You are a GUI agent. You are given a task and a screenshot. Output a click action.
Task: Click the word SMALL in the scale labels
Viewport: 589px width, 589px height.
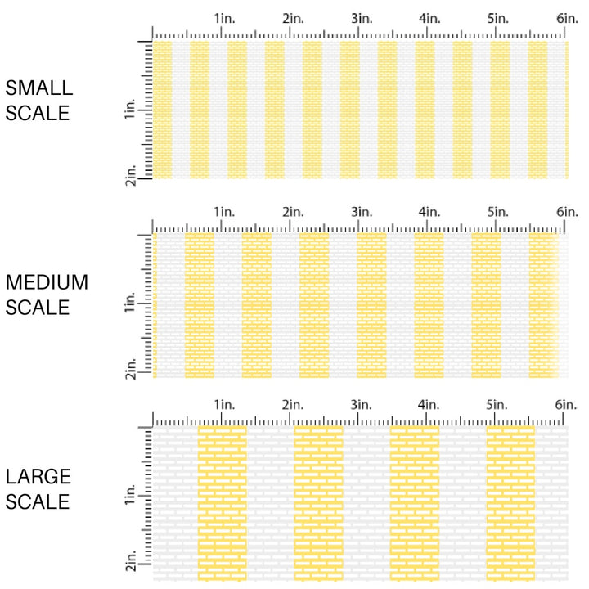pyautogui.click(x=38, y=88)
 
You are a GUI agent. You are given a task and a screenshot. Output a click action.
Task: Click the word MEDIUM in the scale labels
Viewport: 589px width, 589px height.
pyautogui.click(x=47, y=283)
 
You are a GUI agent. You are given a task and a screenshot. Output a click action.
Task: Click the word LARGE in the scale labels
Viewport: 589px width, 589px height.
pyautogui.click(x=38, y=477)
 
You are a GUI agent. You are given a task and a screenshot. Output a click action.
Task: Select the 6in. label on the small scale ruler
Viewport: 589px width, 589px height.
pyautogui.click(x=567, y=18)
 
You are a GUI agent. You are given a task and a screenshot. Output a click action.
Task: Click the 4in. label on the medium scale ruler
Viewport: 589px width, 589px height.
pyautogui.click(x=429, y=212)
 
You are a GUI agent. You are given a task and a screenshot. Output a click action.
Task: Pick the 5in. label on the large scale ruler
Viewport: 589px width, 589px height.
pyautogui.click(x=498, y=405)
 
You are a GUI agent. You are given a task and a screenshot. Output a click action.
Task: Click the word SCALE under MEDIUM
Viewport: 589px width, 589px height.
pyautogui.click(x=38, y=308)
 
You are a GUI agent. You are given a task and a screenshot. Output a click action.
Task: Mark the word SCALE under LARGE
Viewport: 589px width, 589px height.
pyautogui.click(x=38, y=501)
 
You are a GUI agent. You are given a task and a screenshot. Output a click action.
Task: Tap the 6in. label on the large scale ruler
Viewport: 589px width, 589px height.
pyautogui.click(x=567, y=405)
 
